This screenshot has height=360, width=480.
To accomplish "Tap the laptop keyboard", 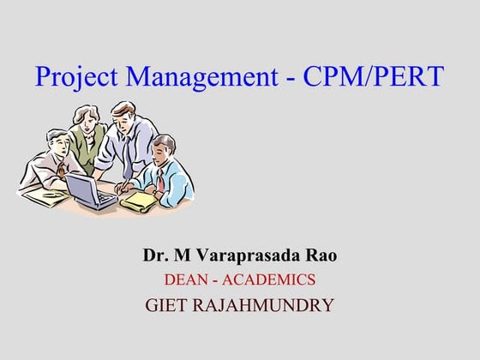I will (x=102, y=200).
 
